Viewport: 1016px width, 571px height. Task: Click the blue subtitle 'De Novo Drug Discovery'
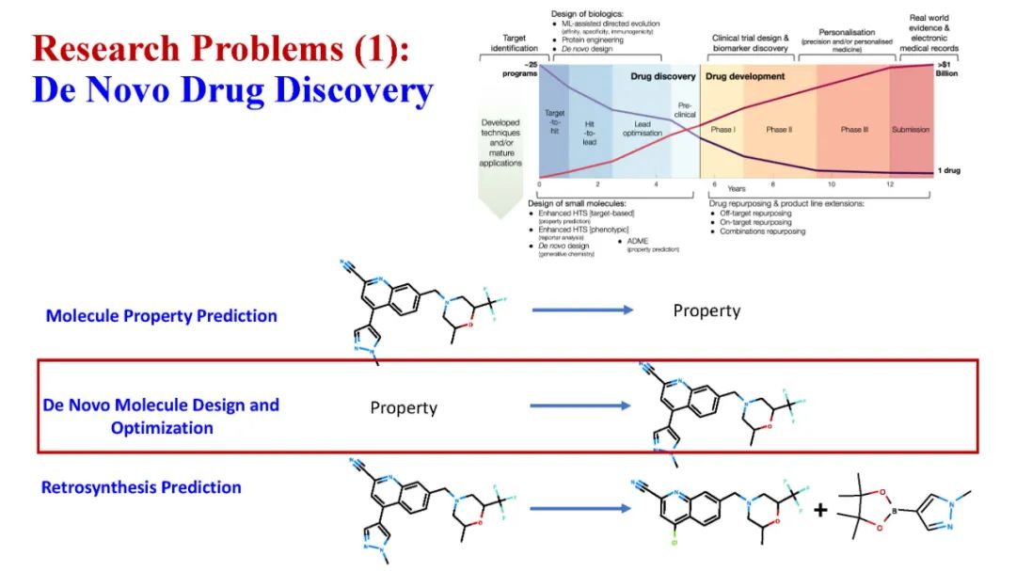coord(232,91)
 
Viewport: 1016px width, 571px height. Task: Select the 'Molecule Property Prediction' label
coord(162,316)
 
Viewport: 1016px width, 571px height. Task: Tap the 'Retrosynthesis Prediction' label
coord(141,487)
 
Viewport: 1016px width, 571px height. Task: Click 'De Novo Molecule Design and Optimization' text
coord(162,417)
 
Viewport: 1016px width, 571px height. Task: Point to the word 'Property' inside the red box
coord(404,407)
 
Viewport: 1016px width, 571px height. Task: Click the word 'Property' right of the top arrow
coord(706,310)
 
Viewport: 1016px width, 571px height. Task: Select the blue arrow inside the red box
coord(580,406)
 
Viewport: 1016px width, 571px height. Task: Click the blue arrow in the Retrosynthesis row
coord(579,509)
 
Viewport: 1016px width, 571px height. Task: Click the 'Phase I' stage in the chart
coord(722,130)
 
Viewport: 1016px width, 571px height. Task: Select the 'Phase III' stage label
coord(854,130)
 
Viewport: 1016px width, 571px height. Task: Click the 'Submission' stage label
coord(910,130)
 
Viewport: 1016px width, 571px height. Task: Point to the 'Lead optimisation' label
coord(643,130)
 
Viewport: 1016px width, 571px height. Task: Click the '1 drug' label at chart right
coord(947,170)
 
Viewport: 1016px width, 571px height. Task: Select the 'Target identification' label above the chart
coord(515,43)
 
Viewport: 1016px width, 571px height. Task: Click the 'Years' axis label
coord(736,188)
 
